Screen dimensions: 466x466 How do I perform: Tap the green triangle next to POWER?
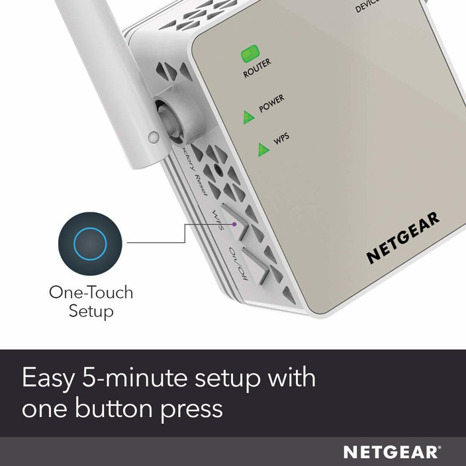(248, 117)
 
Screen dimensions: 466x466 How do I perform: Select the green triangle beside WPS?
(264, 150)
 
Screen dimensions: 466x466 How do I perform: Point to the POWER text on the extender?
(272, 104)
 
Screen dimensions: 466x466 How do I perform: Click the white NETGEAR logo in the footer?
(391, 452)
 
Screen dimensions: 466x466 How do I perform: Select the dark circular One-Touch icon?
(90, 243)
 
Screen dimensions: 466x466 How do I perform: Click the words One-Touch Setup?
(91, 301)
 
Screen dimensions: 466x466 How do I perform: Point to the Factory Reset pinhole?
(218, 171)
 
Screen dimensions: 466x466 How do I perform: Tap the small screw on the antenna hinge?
(154, 138)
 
